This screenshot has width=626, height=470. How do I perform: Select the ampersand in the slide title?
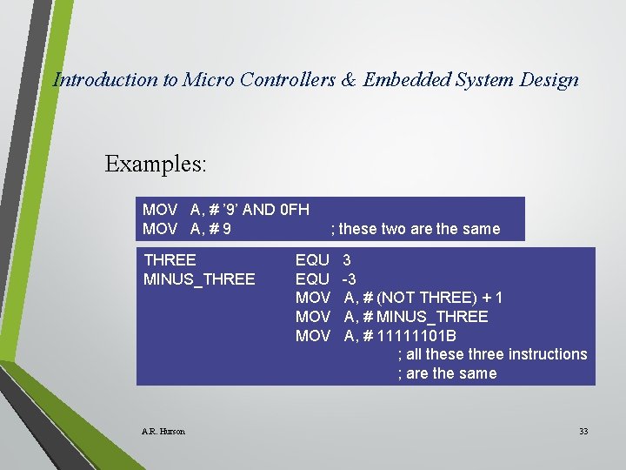pos(348,80)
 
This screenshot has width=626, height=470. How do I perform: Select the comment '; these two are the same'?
pos(416,229)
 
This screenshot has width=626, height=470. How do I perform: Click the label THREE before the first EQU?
pos(170,260)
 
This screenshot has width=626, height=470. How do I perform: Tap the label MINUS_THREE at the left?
pos(199,279)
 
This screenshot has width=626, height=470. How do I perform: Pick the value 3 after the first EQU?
pos(347,260)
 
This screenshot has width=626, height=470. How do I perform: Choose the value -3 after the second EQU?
pos(349,279)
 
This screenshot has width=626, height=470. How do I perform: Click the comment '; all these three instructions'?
pos(492,354)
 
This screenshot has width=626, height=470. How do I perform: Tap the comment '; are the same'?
pos(447,373)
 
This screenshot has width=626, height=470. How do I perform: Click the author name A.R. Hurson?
pos(163,432)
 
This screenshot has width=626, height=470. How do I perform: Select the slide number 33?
pos(583,432)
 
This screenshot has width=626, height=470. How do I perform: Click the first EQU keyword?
pos(312,260)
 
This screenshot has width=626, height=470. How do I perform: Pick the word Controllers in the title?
pos(281,80)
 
